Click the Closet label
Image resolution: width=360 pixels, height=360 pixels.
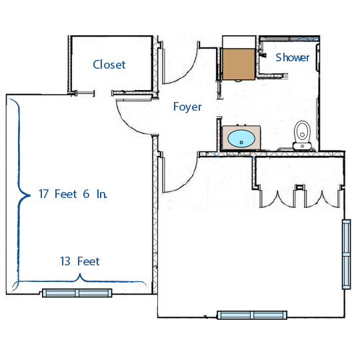pyautogui.click(x=109, y=65)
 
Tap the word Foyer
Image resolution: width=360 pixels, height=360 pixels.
pyautogui.click(x=187, y=107)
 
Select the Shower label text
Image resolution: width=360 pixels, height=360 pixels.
pyautogui.click(x=293, y=57)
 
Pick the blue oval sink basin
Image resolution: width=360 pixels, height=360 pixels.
pyautogui.click(x=241, y=139)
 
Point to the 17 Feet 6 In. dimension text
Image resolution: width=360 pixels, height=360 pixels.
pyautogui.click(x=73, y=194)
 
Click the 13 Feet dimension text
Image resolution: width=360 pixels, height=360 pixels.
pyautogui.click(x=79, y=261)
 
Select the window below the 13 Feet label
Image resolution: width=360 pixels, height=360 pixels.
pyautogui.click(x=77, y=293)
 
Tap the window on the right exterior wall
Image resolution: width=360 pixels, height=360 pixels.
pyautogui.click(x=347, y=253)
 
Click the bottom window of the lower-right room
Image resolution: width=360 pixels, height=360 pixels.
pyautogui.click(x=252, y=315)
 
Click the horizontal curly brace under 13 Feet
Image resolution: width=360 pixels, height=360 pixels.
pyautogui.click(x=80, y=283)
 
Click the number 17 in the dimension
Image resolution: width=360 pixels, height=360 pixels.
pyautogui.click(x=45, y=194)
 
